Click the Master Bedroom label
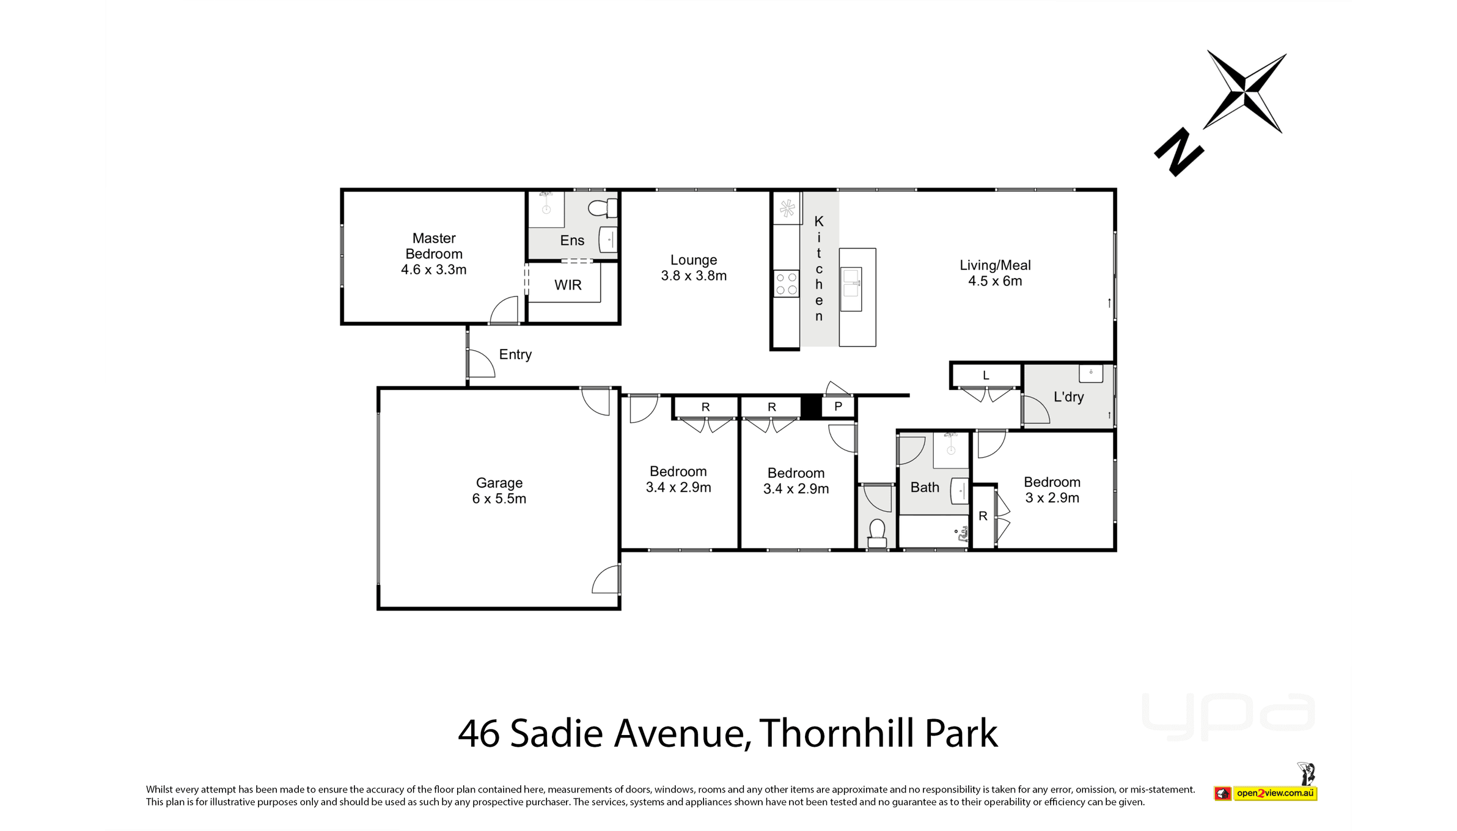tap(434, 254)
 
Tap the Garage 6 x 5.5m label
tap(499, 491)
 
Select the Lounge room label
tap(694, 268)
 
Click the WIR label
tap(568, 285)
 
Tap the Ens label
tap(572, 241)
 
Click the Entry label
tap(515, 354)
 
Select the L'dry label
tap(1068, 397)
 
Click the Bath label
tap(925, 488)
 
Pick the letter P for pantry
tap(838, 406)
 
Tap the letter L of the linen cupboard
tap(986, 376)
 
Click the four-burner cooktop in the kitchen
tap(787, 284)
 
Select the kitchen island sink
tap(852, 289)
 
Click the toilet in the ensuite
tap(603, 208)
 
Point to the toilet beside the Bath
tap(877, 533)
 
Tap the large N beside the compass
tap(1179, 152)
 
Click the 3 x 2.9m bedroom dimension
tap(1052, 498)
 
